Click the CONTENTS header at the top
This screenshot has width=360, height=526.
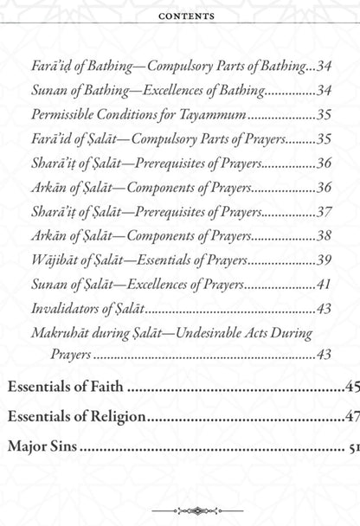click(x=179, y=16)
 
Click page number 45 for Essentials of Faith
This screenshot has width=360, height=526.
click(x=350, y=387)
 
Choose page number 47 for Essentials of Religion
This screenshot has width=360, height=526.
click(x=350, y=417)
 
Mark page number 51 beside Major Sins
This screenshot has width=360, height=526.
click(x=351, y=448)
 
